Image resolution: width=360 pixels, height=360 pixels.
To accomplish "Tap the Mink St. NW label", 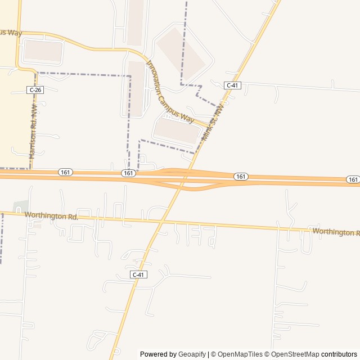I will (x=213, y=121).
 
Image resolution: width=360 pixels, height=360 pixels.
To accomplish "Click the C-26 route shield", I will (x=35, y=90).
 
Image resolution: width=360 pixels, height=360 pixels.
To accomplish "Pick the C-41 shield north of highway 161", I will (x=232, y=85).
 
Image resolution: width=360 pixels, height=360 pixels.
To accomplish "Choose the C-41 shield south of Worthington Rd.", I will (x=138, y=274).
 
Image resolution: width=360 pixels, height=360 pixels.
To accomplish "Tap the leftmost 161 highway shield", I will (x=65, y=172).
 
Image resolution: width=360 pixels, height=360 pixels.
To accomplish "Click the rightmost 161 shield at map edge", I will (x=353, y=179).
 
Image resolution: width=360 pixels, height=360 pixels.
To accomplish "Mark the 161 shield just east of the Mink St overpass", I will (x=241, y=177).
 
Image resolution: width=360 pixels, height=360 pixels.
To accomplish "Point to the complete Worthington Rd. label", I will (x=51, y=215).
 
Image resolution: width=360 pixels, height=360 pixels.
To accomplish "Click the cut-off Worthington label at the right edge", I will (x=335, y=232).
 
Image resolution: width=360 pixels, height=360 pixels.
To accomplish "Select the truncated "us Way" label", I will (x=11, y=33).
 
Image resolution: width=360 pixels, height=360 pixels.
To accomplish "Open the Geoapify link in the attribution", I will (x=192, y=354).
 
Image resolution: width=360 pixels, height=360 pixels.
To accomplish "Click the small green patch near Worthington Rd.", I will (x=20, y=207).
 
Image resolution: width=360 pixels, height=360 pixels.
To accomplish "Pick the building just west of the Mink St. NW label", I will (x=177, y=130).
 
